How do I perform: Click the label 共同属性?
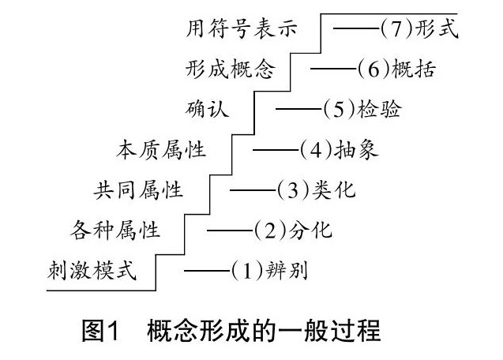[x=139, y=190]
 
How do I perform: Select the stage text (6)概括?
[x=397, y=69]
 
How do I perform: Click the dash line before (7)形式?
[x=356, y=29]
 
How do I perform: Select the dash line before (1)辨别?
[x=207, y=272]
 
